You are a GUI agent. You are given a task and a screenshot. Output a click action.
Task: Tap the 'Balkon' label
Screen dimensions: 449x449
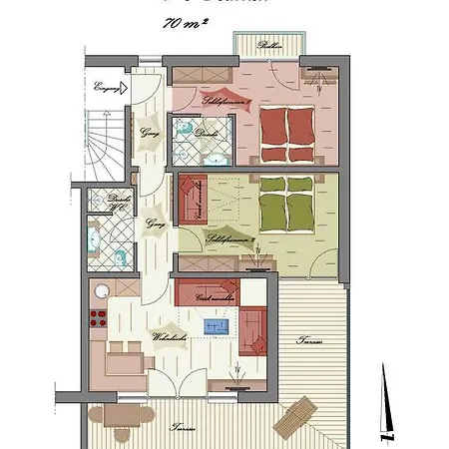(x=269, y=46)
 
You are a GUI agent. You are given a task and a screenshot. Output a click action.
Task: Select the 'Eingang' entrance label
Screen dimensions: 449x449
(x=105, y=89)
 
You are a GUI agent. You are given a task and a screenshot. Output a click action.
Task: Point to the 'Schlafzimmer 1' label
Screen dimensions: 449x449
(x=228, y=102)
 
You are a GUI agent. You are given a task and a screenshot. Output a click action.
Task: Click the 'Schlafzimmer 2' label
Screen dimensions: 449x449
(x=228, y=239)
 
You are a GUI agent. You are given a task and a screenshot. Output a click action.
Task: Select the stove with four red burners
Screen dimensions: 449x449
(x=99, y=319)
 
